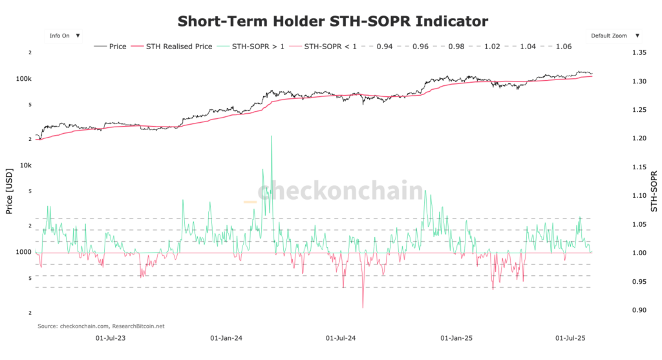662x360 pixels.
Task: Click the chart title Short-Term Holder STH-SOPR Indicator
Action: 332,21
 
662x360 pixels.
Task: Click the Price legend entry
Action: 111,47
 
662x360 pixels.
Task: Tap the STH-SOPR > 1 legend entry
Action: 251,47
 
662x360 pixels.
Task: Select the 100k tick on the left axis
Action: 24,79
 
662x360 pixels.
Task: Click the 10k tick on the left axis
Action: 26,165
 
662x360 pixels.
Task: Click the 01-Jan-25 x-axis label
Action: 456,337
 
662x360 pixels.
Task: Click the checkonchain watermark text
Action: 340,191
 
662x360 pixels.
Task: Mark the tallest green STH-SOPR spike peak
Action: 271,136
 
